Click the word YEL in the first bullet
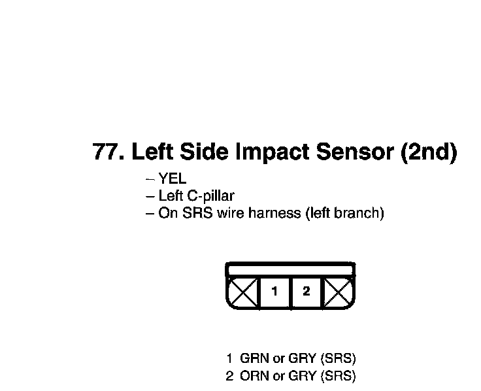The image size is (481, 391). (x=173, y=178)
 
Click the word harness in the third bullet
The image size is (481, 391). (x=279, y=214)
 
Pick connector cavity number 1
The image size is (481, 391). (x=275, y=292)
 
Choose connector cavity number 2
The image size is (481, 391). (x=306, y=292)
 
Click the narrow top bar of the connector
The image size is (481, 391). (x=290, y=269)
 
